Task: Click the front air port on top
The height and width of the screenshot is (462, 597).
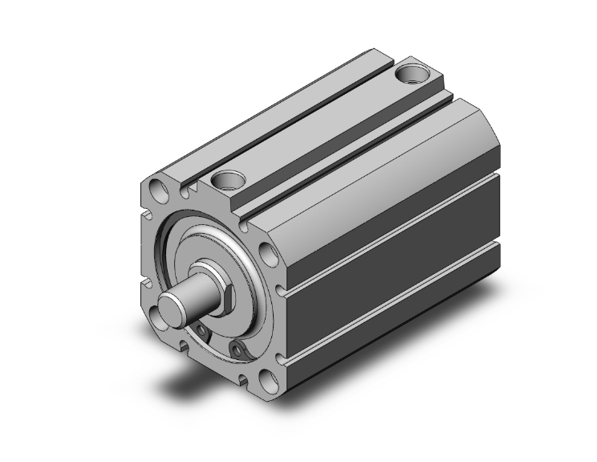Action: click(x=229, y=181)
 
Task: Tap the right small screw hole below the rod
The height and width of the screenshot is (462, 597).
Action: click(x=237, y=348)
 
